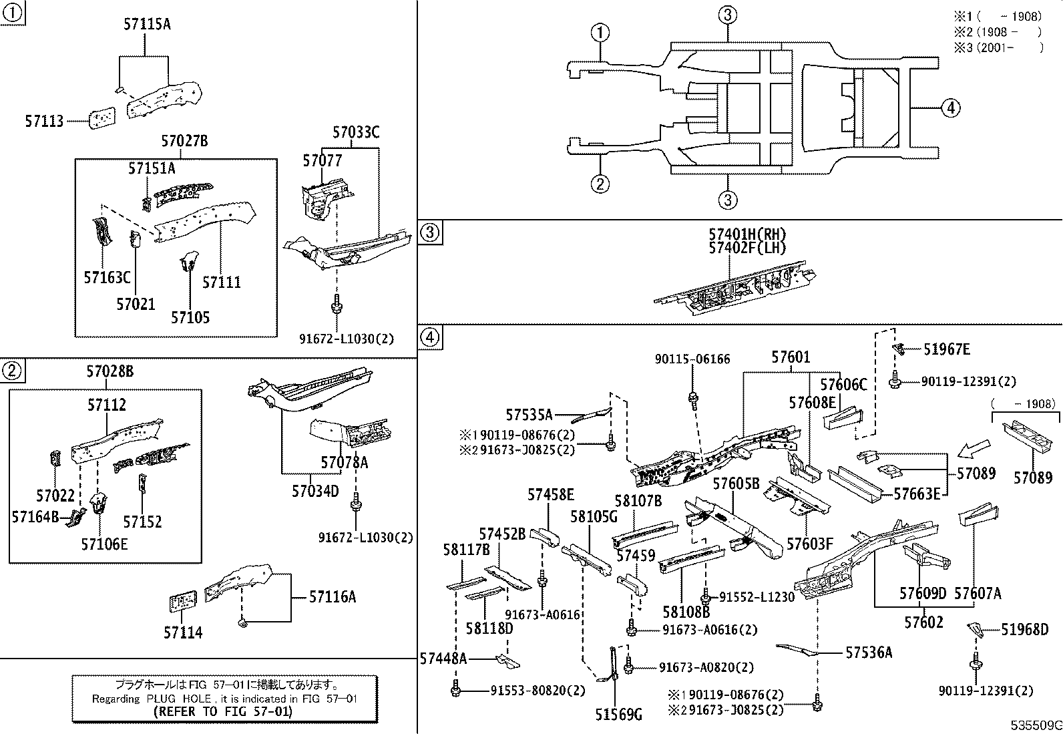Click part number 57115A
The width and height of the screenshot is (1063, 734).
147,25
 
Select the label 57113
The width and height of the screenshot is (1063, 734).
44,122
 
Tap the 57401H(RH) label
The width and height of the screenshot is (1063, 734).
747,234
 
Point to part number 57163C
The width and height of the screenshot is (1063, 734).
107,277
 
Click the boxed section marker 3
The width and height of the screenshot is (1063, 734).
430,232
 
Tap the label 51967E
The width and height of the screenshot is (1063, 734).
947,349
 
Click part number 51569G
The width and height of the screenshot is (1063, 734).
618,716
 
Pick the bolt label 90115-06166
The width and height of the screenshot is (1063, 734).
692,359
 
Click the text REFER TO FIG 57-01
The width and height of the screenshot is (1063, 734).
222,712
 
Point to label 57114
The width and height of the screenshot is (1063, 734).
183,632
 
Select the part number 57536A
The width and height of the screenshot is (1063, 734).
868,653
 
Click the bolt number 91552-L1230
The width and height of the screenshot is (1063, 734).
756,597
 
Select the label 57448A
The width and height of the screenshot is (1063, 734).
443,659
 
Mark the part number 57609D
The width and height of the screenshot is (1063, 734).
922,594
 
